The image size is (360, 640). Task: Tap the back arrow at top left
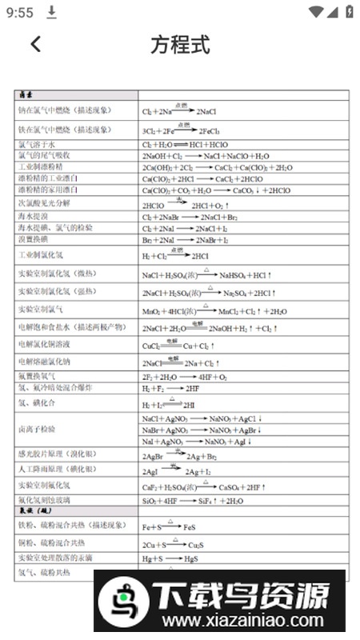(x=35, y=44)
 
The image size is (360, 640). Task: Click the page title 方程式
(x=180, y=45)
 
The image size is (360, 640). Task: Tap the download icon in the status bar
(x=52, y=12)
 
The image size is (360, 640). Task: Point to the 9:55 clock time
(x=19, y=13)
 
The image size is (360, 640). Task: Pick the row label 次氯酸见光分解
(x=45, y=203)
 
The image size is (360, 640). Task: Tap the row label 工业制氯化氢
(x=41, y=255)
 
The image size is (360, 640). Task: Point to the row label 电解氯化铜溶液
(x=44, y=344)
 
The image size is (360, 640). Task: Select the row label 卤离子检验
(x=36, y=430)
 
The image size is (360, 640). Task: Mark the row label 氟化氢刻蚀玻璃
(x=44, y=500)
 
